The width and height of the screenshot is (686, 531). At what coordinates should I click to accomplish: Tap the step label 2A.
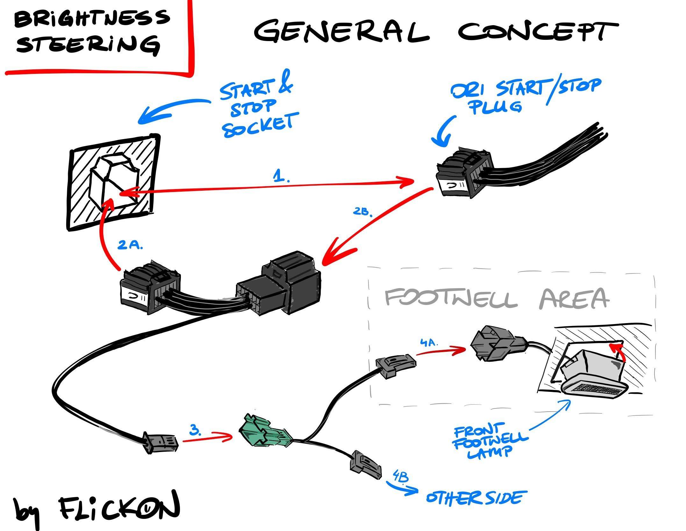130,245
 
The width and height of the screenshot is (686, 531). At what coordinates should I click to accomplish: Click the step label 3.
195,431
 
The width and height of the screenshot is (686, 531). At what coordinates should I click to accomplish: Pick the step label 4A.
429,343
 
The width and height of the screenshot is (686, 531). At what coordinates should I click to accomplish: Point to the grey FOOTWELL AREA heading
497,298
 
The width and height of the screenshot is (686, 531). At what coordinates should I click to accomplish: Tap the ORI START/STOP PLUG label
525,95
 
